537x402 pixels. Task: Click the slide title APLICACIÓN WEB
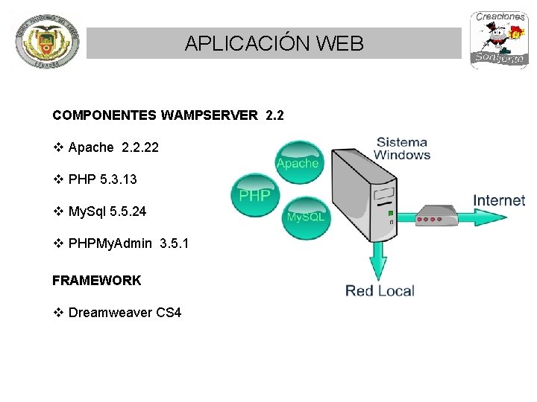click(x=274, y=43)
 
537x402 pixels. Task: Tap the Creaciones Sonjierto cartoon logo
click(x=499, y=40)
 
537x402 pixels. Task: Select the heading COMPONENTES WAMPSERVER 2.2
click(x=168, y=115)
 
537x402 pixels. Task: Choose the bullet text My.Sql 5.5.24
click(x=107, y=211)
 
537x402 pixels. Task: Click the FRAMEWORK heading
click(x=96, y=280)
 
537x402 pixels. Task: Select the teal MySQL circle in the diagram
click(x=306, y=216)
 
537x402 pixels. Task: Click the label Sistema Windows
click(x=402, y=148)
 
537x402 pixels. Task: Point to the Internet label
click(x=499, y=200)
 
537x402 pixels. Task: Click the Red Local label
click(x=380, y=290)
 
